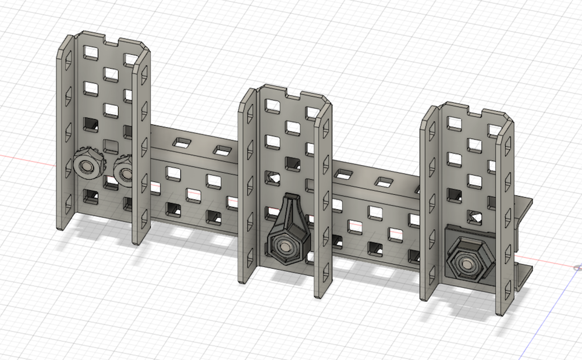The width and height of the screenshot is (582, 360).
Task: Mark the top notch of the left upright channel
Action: [112, 42]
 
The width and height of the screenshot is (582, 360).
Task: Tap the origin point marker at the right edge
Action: [576, 268]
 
